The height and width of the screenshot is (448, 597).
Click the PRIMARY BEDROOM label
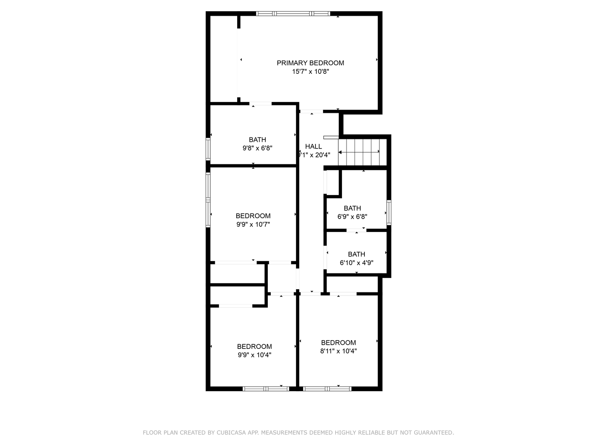tap(310, 63)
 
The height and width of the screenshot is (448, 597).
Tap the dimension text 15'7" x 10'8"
tap(310, 72)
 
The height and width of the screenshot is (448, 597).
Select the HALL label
tap(313, 146)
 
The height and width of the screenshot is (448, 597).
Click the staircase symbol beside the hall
tap(359, 152)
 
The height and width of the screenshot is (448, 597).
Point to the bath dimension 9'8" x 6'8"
tap(257, 148)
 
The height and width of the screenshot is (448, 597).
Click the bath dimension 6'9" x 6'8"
tap(352, 217)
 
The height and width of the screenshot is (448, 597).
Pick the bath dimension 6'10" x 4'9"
tap(357, 263)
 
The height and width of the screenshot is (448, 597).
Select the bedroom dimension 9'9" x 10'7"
tap(253, 224)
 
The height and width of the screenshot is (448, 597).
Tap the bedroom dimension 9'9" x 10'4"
tap(254, 355)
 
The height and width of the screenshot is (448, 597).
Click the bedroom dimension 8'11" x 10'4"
tap(338, 351)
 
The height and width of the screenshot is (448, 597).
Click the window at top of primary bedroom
tap(293, 14)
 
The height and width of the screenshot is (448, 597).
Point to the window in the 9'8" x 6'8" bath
tap(208, 149)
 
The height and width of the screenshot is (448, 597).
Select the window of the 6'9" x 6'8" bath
tap(389, 212)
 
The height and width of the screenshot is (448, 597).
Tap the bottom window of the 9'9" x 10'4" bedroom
tap(266, 389)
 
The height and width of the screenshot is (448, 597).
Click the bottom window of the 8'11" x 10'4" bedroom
tap(327, 389)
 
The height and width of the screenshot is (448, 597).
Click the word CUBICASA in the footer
tap(231, 433)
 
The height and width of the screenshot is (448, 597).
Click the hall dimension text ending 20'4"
tap(314, 155)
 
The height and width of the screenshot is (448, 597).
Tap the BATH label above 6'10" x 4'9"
tap(357, 254)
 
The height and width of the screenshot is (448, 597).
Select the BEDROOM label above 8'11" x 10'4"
tap(338, 343)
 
